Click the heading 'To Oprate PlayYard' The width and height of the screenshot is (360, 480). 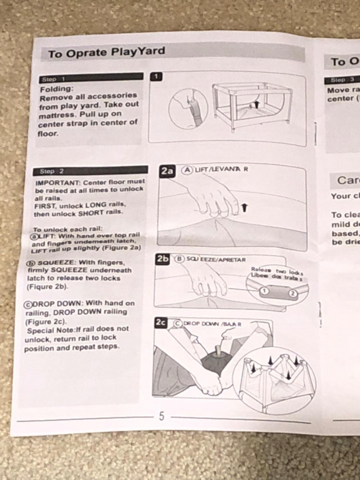(x=107, y=53)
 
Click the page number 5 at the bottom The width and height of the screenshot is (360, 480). (x=162, y=416)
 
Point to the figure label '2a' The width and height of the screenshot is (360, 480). (x=167, y=171)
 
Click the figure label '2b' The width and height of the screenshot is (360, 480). (x=162, y=259)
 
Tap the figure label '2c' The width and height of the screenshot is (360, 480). (x=161, y=323)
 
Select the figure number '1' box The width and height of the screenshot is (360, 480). (x=156, y=76)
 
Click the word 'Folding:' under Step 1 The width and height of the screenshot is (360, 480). (x=56, y=89)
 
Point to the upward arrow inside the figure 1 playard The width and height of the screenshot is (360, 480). (x=256, y=104)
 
